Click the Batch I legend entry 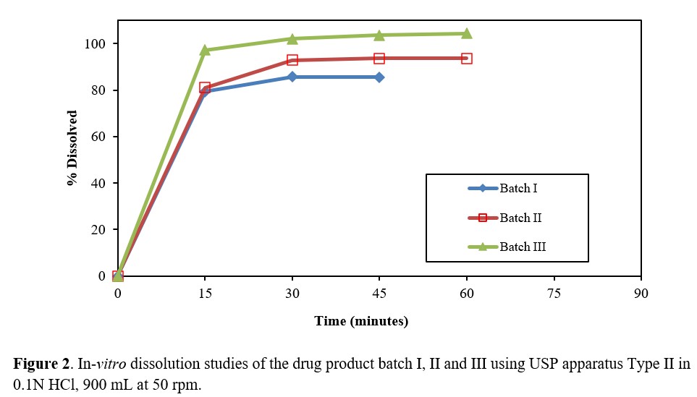(517, 189)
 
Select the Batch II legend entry (520, 218)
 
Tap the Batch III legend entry (522, 247)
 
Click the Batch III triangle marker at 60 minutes (466, 33)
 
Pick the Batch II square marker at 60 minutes (466, 58)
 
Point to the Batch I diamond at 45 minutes (379, 77)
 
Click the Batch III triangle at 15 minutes (205, 50)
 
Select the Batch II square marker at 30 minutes (292, 60)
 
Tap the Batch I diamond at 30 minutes (292, 77)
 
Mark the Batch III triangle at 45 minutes (379, 35)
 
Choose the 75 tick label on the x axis (554, 294)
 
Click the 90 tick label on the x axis (641, 294)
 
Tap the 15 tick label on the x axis (205, 294)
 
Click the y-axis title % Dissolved (72, 148)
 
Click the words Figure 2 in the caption (38, 363)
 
